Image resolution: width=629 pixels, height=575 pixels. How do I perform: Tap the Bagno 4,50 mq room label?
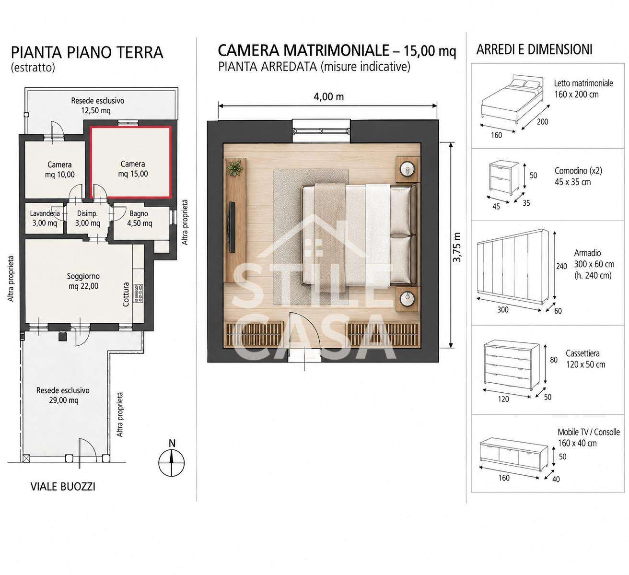(140, 218)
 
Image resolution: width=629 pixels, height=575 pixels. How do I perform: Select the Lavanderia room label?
(45, 213)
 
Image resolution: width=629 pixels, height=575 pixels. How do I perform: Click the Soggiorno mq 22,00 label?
(83, 281)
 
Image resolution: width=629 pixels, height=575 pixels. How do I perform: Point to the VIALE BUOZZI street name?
(63, 487)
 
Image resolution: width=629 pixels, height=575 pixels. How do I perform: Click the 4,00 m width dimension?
(328, 96)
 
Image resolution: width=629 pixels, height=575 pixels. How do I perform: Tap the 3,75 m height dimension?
(457, 247)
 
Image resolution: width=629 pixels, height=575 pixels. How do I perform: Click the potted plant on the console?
(235, 168)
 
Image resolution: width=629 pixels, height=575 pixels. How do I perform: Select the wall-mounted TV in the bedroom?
(232, 227)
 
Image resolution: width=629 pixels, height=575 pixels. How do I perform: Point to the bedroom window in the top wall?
(321, 130)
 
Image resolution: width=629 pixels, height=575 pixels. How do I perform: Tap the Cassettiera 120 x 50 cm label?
(585, 359)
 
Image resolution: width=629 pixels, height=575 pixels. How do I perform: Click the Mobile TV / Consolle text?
(589, 432)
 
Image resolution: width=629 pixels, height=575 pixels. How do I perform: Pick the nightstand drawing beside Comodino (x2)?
(504, 177)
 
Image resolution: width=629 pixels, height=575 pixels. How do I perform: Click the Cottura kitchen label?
(126, 294)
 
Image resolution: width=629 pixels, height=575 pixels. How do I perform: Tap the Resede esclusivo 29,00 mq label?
(63, 395)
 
